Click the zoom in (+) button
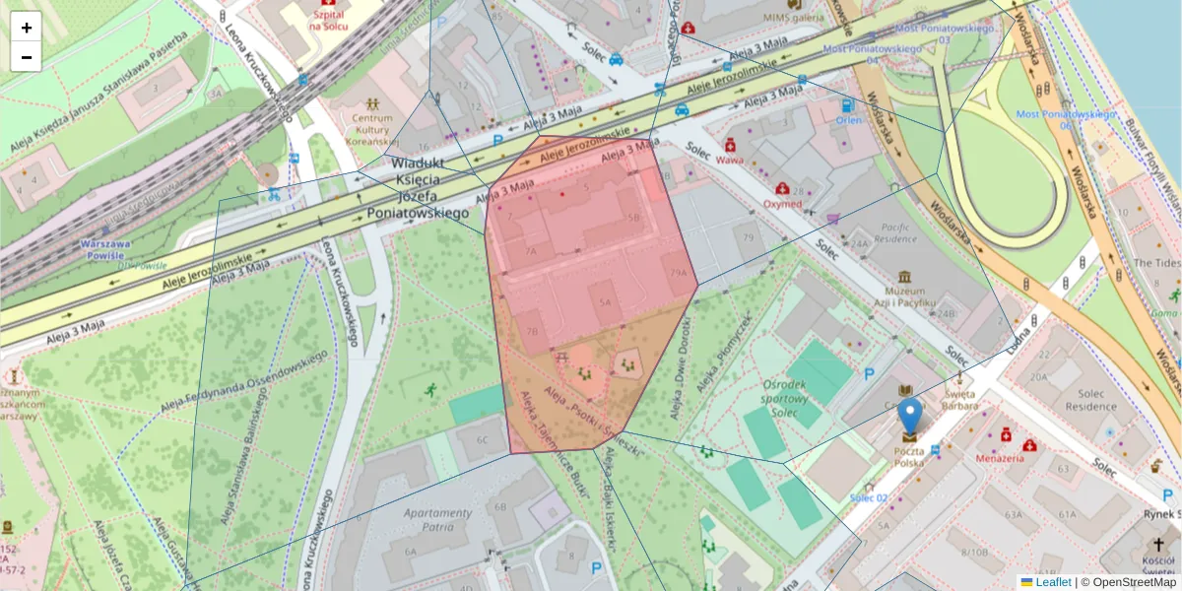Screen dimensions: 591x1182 click(x=27, y=27)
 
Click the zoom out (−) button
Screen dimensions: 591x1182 click(x=27, y=57)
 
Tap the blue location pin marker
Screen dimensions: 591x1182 click(x=910, y=418)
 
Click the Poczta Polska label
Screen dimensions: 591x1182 click(x=908, y=456)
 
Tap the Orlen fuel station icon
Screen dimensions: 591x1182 click(x=847, y=105)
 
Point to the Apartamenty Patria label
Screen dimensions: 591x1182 click(x=437, y=520)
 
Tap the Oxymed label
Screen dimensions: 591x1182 click(x=782, y=204)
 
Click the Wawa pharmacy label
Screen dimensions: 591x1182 click(x=730, y=160)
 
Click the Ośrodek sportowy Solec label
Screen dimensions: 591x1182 click(x=784, y=398)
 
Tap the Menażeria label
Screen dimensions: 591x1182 click(x=999, y=458)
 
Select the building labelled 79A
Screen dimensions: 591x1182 click(x=678, y=273)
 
